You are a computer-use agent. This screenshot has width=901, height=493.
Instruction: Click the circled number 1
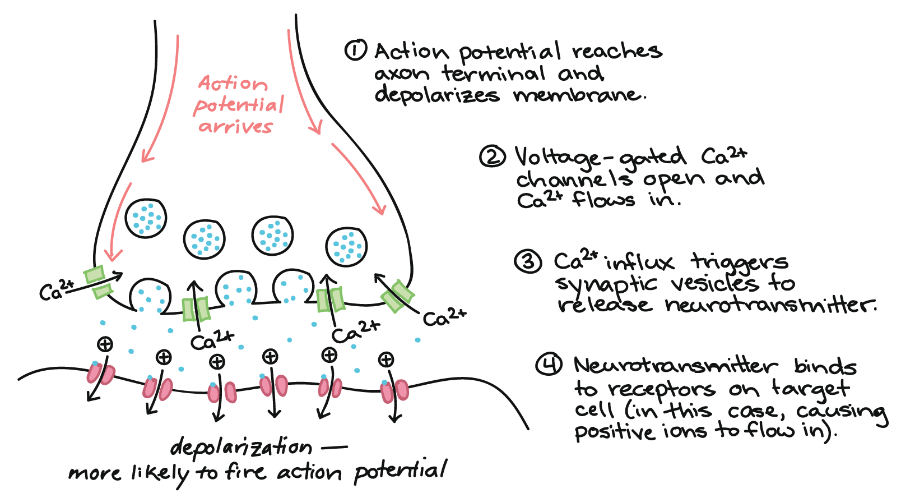tap(355, 50)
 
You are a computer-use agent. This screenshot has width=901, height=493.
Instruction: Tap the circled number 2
tap(492, 156)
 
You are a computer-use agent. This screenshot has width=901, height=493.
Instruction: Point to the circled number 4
tap(549, 365)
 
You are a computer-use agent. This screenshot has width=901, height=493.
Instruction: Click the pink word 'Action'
tap(233, 84)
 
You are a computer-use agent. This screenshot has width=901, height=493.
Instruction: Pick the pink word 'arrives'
tap(235, 127)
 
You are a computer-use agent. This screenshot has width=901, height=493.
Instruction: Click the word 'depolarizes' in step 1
tap(436, 95)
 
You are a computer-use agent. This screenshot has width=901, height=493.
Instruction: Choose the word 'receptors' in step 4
tap(662, 388)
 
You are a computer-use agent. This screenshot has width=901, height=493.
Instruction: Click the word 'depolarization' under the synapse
tap(241, 447)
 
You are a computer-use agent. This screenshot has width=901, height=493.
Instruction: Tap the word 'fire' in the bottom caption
tap(245, 472)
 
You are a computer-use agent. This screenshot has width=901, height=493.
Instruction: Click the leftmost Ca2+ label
tap(55, 290)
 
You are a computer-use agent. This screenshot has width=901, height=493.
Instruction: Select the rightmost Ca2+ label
tap(444, 318)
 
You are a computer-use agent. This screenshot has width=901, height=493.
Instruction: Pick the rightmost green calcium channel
tap(397, 296)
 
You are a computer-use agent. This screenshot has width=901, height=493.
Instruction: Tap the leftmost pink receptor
tap(100, 374)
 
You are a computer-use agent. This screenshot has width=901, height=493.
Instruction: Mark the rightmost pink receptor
tap(394, 391)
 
